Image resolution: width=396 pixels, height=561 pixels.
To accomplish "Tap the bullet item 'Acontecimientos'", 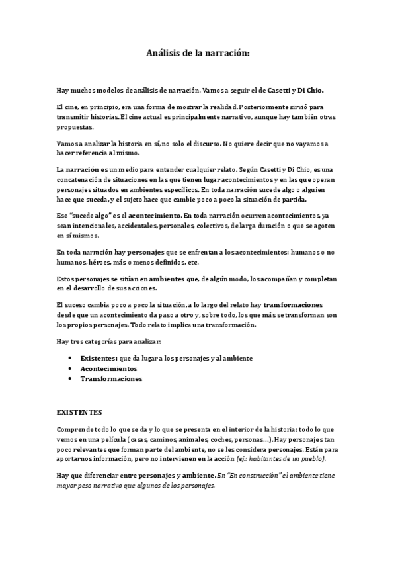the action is coord(108,368).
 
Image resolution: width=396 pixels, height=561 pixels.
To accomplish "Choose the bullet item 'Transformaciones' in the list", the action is coord(111,379).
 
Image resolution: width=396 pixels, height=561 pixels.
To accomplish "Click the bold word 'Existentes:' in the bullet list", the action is coord(99,358).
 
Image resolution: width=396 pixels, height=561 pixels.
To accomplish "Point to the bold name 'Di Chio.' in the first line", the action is coord(311,89).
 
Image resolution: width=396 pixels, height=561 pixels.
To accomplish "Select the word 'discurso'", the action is coord(204,144).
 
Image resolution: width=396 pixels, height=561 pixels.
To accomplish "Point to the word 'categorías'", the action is coord(101,341).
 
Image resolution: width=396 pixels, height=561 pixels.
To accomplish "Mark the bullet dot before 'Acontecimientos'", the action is coord(71,368).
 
